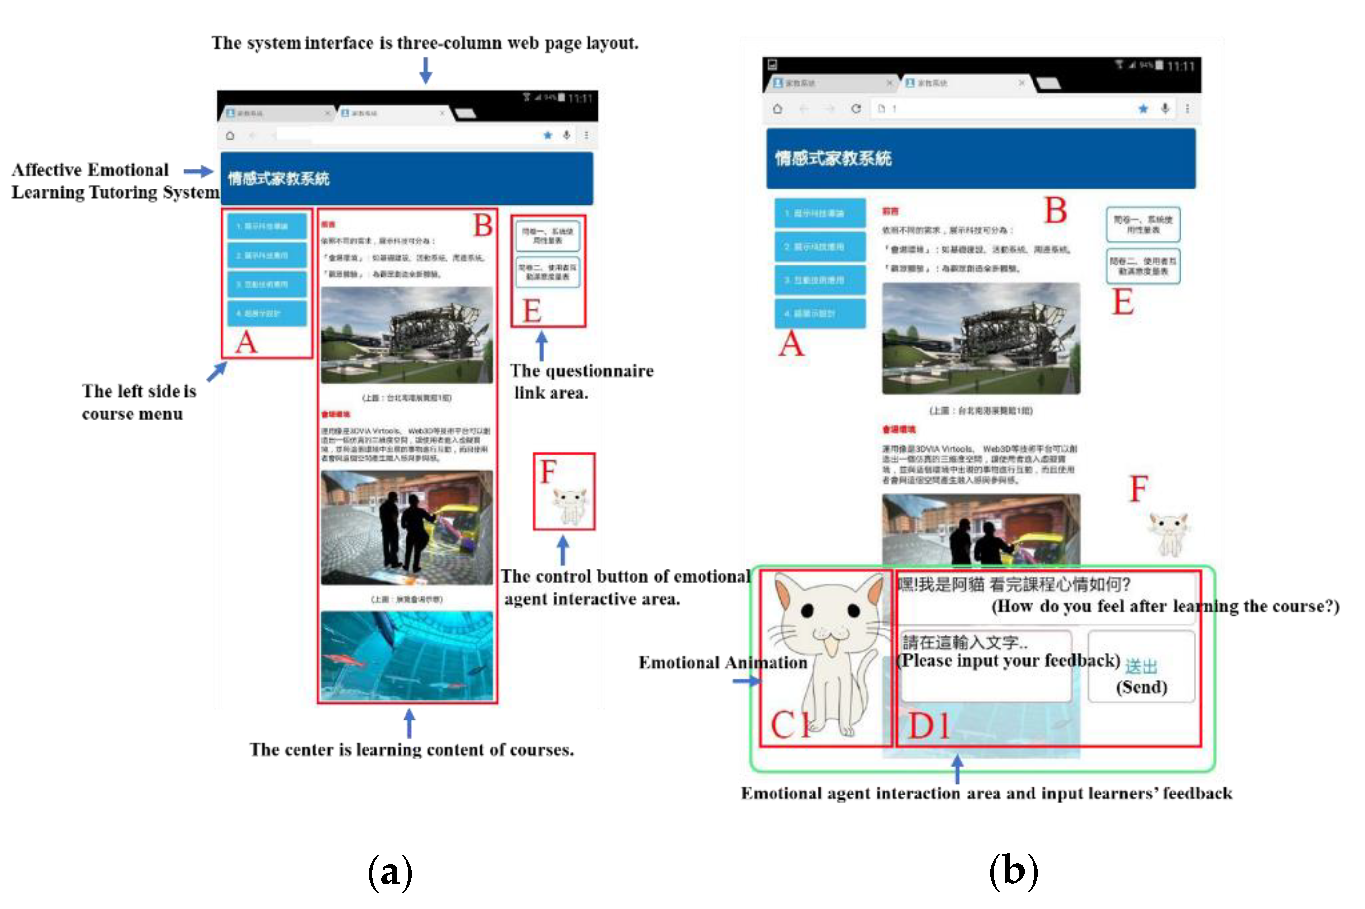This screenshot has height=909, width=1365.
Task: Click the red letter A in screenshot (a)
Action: pyautogui.click(x=246, y=342)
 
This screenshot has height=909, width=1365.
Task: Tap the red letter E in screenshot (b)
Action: pyautogui.click(x=1122, y=303)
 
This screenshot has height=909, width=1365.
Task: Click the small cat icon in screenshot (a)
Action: pyautogui.click(x=569, y=504)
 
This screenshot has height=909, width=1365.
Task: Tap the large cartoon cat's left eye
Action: pyautogui.click(x=807, y=610)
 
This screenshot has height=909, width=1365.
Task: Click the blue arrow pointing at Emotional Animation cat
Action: pyautogui.click(x=746, y=681)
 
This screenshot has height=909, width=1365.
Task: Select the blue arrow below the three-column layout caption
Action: pyautogui.click(x=425, y=71)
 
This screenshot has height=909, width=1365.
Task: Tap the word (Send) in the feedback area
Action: pyautogui.click(x=1141, y=687)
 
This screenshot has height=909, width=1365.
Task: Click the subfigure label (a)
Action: pyautogui.click(x=390, y=871)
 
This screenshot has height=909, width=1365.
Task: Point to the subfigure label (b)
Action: pyautogui.click(x=1013, y=870)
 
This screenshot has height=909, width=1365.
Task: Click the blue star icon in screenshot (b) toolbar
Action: pyautogui.click(x=1143, y=109)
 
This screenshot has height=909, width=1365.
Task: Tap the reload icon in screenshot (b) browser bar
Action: pyautogui.click(x=856, y=109)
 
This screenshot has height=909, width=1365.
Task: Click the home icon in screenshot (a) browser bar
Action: pyautogui.click(x=230, y=136)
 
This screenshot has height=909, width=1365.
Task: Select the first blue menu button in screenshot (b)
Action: pyautogui.click(x=820, y=213)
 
